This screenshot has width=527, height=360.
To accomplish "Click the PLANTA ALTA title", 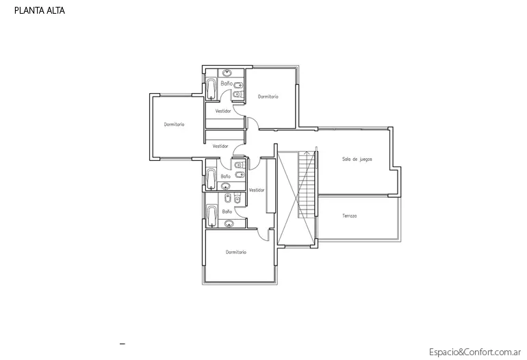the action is (39, 11).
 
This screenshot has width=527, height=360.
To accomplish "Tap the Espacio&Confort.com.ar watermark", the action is (475, 352).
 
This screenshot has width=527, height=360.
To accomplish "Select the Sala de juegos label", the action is (357, 159).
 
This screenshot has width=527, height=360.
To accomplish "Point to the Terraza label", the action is (350, 216).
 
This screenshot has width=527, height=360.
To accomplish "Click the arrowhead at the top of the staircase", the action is (306, 152).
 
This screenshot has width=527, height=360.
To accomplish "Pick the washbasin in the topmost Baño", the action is (227, 73).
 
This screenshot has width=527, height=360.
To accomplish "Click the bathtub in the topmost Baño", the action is (211, 89).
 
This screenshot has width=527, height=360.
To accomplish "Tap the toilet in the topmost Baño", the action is (237, 94).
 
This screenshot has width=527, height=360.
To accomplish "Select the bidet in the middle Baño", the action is (240, 175).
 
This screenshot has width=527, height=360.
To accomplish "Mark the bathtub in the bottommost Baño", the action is (211, 216).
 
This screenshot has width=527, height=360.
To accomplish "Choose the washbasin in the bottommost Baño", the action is (229, 224).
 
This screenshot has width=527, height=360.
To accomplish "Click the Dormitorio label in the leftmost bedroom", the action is (174, 125).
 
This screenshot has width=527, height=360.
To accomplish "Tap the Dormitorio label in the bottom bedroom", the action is (236, 252).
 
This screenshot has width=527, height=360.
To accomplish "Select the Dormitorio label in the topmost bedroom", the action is (268, 97).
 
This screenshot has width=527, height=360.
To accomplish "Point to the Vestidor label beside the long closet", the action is (257, 190).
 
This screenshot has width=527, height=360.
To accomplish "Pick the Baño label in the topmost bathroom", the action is (227, 83).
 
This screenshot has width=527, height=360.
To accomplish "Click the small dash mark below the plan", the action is (123, 344).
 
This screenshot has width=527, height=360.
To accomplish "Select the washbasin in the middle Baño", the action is (226, 186).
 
